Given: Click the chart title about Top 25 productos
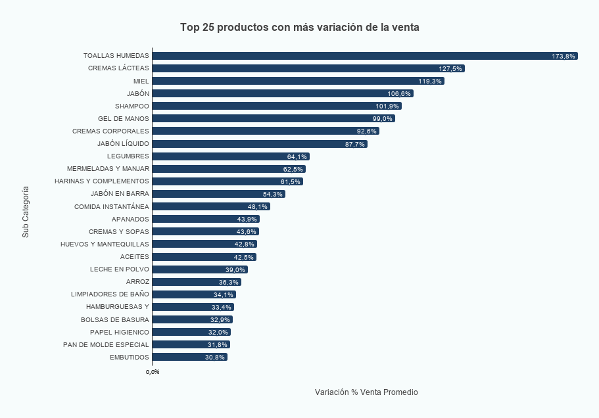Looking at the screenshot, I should [x=300, y=28].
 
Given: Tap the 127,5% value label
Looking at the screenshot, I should [x=450, y=68].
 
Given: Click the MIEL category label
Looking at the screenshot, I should [x=141, y=81].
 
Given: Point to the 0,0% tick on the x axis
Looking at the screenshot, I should [x=153, y=372].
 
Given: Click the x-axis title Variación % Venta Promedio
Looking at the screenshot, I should [x=366, y=392].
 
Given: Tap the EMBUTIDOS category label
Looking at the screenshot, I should [x=129, y=357].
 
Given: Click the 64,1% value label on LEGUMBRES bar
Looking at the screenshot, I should [x=297, y=156].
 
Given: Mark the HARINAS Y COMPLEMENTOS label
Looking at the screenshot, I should [x=101, y=181].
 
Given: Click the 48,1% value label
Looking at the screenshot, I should [x=257, y=206].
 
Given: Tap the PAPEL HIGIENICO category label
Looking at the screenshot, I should [x=119, y=332].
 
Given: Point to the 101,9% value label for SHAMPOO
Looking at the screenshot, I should [x=388, y=106].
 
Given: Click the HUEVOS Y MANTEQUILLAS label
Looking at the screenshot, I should [x=104, y=244].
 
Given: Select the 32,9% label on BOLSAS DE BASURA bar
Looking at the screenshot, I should [x=220, y=319].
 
